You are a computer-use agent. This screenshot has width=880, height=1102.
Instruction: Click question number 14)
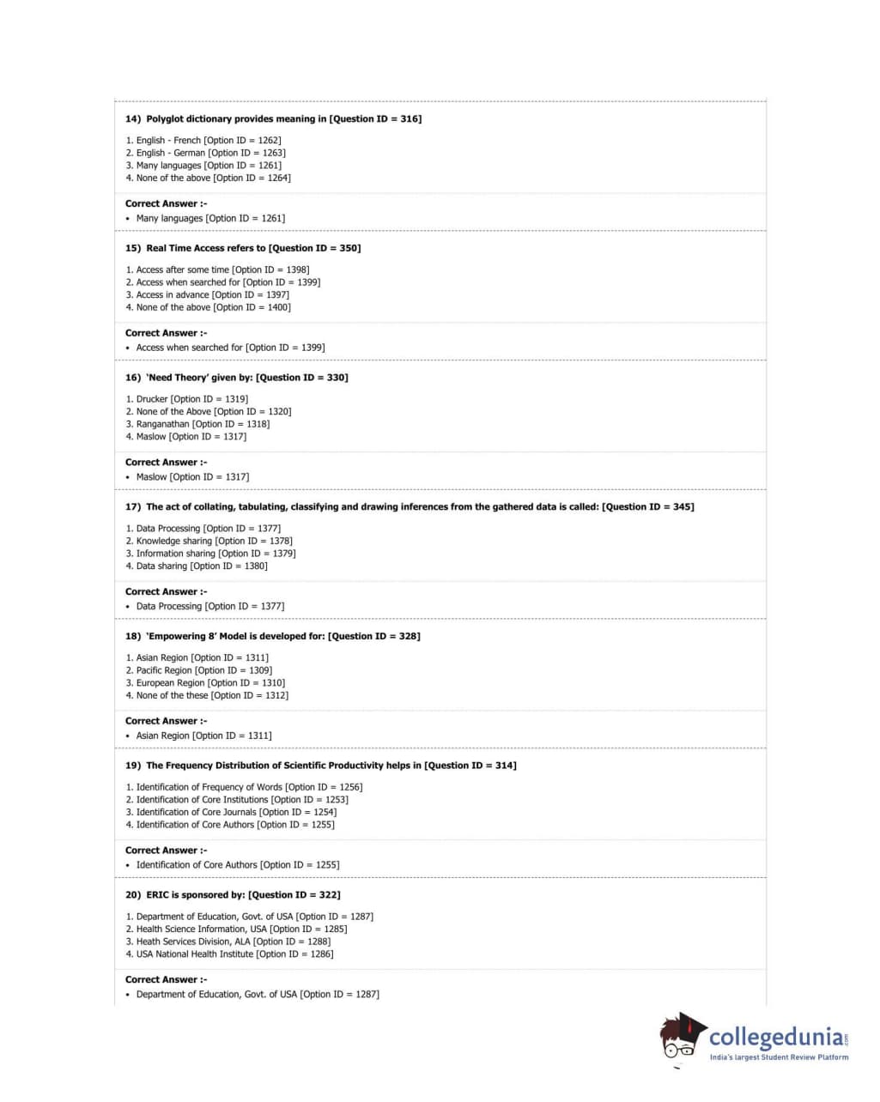coord(133,119)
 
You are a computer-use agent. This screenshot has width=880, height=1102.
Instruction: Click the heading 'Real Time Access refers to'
coord(206,249)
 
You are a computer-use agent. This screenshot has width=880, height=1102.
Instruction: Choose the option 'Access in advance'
coord(173,294)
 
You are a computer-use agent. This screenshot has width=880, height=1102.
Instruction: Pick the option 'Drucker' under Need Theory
coord(152,399)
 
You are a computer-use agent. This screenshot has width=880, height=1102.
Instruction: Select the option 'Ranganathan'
coord(162,424)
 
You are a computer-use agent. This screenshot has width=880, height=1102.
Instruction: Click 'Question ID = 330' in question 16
coord(301,378)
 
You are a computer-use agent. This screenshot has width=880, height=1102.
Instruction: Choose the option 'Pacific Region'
coord(164,670)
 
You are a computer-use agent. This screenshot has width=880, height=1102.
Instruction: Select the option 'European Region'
coord(170,683)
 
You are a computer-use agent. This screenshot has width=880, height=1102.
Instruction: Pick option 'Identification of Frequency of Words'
coord(209,787)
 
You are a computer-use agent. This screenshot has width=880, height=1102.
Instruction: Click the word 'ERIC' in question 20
coord(157,895)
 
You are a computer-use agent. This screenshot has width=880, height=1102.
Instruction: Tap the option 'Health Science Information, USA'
coord(201,929)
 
